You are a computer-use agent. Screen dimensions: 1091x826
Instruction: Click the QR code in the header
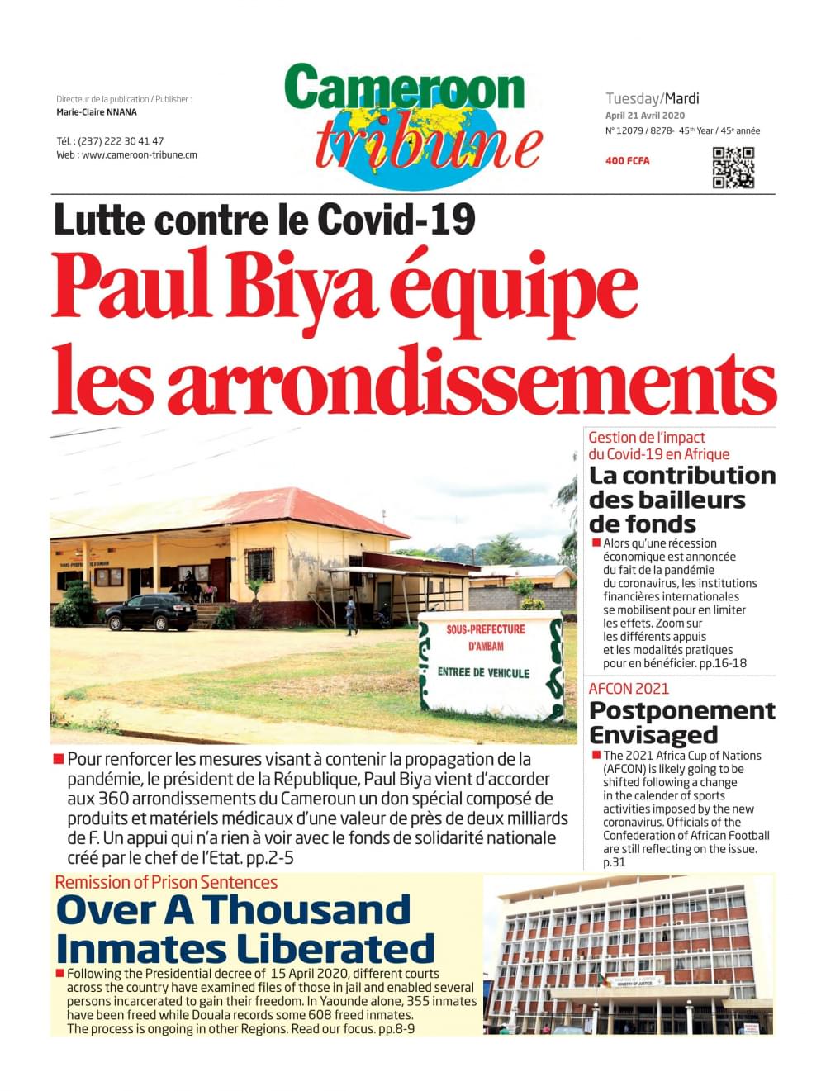click(x=733, y=168)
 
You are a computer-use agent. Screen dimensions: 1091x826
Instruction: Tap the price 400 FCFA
click(x=627, y=160)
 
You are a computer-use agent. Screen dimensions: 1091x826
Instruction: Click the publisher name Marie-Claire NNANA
click(x=97, y=112)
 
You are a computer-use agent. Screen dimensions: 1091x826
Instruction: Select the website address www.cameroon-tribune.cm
click(x=139, y=154)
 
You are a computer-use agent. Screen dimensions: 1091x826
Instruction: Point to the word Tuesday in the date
click(x=632, y=98)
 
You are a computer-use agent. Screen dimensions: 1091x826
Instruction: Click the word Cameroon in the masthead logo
click(x=405, y=88)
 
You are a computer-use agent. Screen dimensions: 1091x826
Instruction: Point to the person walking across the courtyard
click(x=353, y=616)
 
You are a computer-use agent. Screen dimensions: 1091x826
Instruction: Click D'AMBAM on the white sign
click(x=486, y=646)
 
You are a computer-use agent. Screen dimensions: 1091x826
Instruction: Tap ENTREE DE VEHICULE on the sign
click(x=483, y=672)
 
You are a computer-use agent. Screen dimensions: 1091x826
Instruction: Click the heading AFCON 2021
click(x=629, y=689)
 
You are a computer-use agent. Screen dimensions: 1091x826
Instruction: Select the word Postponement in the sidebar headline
click(x=682, y=710)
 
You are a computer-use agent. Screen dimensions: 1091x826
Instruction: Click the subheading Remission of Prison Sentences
click(x=166, y=882)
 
